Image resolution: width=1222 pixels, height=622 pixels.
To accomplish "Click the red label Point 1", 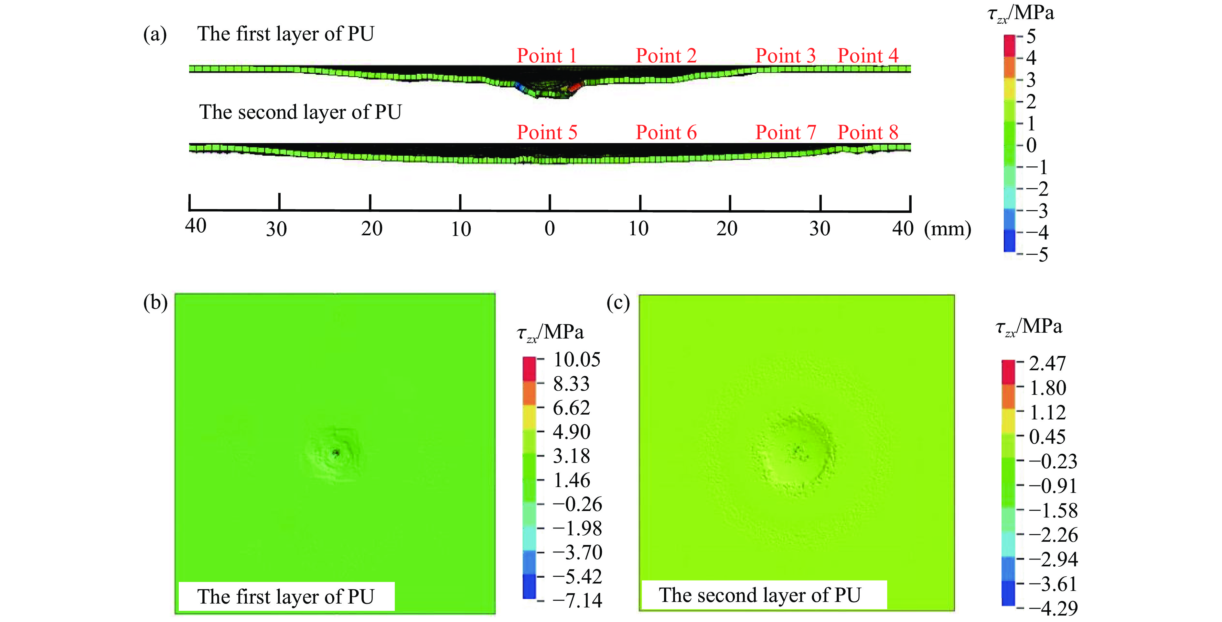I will (546, 56).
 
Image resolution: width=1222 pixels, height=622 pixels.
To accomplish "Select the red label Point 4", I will (868, 56).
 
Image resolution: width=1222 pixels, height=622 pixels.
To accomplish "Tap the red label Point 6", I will (666, 132).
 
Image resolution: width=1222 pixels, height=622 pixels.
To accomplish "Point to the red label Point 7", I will (786, 132).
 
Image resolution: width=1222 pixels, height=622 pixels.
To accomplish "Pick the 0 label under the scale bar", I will (549, 229).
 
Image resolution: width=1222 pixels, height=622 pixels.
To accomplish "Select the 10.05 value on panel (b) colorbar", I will (576, 360).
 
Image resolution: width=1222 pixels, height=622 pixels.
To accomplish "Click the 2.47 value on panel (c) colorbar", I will (1047, 364).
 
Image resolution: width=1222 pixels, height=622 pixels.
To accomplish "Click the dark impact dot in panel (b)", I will (336, 452).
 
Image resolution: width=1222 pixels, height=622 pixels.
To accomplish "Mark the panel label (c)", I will (618, 303).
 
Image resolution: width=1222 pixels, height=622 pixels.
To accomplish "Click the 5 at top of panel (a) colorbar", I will (1031, 37).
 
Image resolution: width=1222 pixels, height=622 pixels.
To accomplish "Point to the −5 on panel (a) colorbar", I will (1037, 255).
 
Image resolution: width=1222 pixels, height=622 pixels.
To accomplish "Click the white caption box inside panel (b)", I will (286, 596).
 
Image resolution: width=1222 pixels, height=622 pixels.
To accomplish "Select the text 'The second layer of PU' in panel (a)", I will (300, 112).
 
